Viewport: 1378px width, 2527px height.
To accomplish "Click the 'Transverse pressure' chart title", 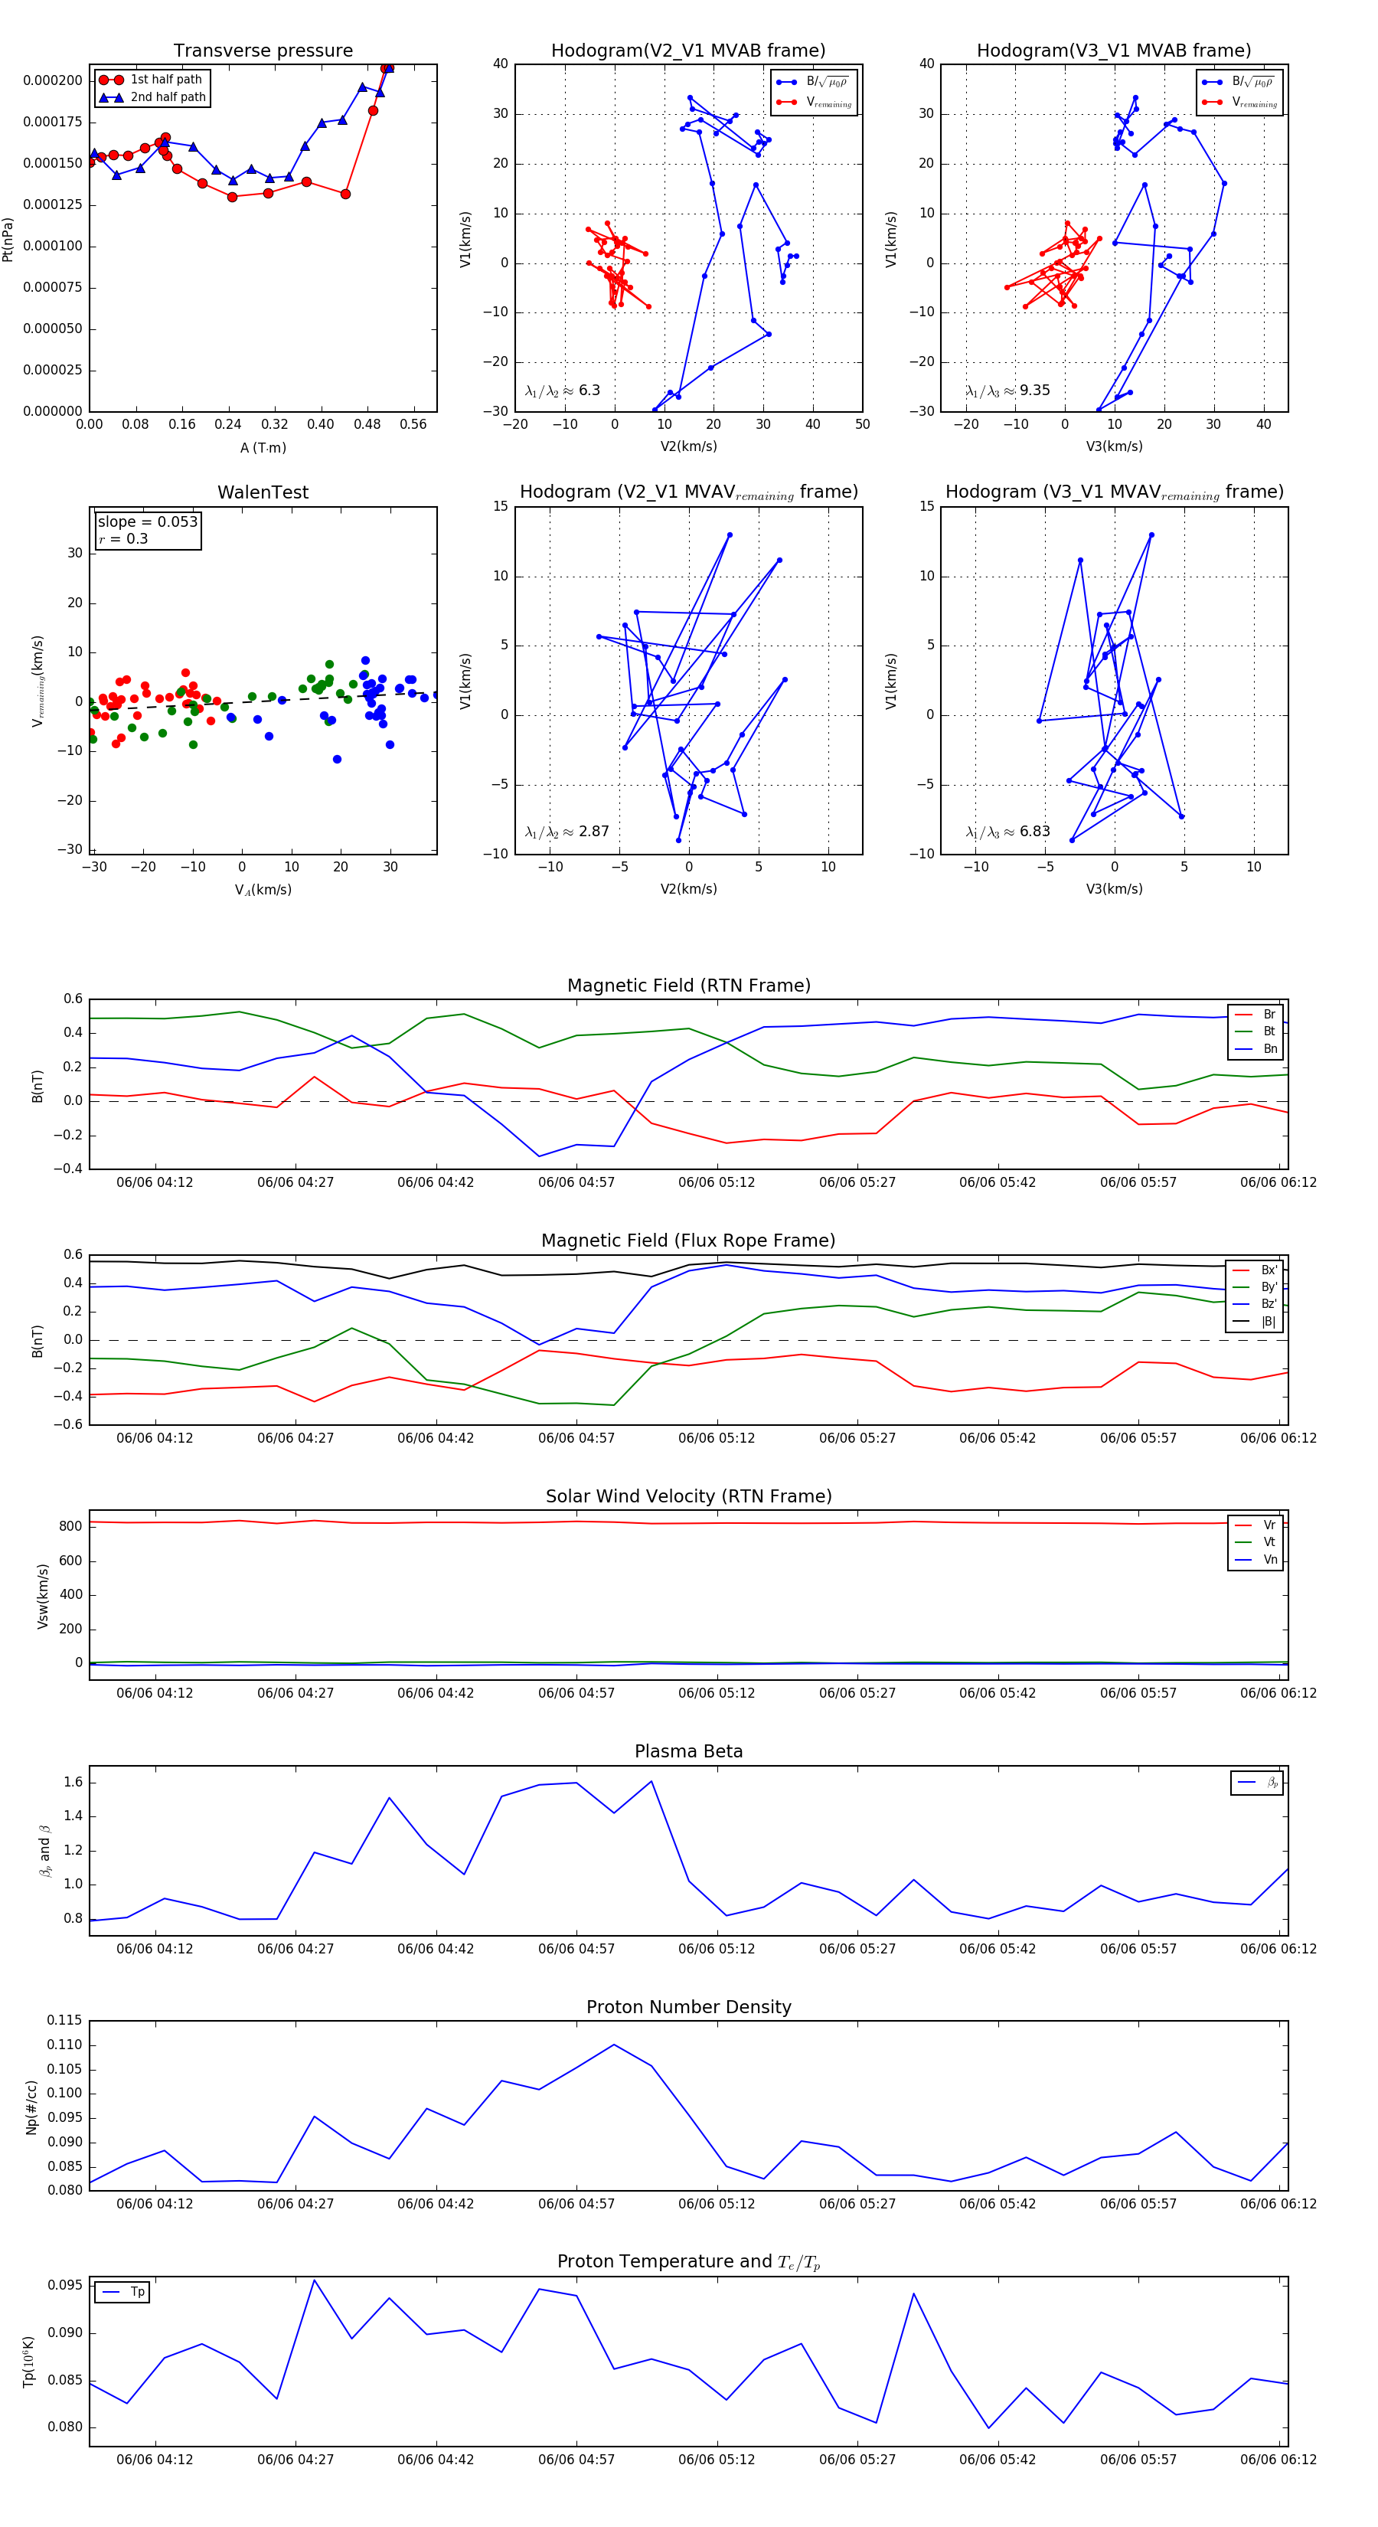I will pos(263,51).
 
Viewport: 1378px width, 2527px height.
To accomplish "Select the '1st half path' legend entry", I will pos(166,80).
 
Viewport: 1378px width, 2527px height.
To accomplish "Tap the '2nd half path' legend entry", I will pos(168,97).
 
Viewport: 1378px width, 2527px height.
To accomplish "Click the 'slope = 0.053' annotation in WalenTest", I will pos(147,522).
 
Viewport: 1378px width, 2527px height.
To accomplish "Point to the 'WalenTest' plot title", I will pos(263,492).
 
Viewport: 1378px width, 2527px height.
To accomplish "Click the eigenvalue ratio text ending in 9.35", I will pos(1007,391).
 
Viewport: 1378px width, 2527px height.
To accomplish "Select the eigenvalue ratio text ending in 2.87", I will pos(567,832).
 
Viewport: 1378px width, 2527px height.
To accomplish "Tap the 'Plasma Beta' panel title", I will pos(688,1751).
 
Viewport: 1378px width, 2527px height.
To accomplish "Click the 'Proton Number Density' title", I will pos(688,2007).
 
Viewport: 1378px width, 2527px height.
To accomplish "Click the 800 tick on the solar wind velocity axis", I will pos(70,1526).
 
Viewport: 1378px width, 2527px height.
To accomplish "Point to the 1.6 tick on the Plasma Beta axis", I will pos(73,1783).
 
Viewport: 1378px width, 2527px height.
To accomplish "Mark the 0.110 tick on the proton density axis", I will pos(65,2045).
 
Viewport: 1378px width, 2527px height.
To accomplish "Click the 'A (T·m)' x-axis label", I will pos(263,448).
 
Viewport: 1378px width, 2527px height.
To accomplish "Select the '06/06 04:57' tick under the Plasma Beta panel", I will pos(576,1949).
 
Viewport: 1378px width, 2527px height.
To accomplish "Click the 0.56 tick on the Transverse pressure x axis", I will pos(413,425).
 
